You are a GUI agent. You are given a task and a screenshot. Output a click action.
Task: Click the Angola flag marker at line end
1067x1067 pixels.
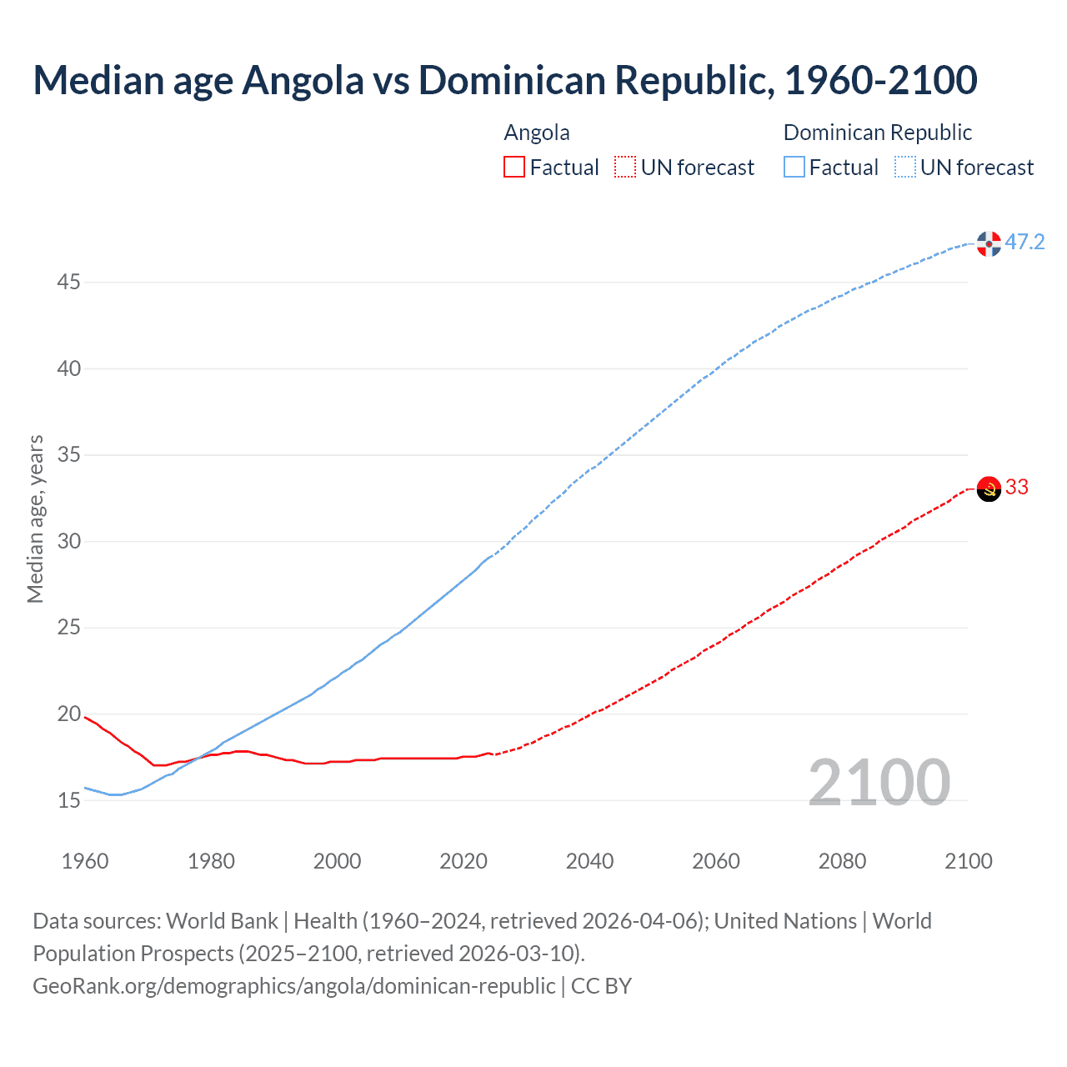989,488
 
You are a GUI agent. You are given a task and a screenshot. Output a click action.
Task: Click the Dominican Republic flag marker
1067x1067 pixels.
989,243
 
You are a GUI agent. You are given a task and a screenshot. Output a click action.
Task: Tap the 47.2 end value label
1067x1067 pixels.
1024,243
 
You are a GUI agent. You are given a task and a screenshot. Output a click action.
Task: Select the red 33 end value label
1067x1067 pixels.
1017,488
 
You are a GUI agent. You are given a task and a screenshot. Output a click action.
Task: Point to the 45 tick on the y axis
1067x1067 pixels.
68,283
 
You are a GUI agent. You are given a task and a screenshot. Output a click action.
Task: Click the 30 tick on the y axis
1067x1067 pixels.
68,542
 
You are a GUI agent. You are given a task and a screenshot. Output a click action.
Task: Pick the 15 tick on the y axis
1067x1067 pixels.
68,801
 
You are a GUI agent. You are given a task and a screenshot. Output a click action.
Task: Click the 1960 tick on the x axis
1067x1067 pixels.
85,861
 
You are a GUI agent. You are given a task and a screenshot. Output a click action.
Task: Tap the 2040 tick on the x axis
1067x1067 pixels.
589,861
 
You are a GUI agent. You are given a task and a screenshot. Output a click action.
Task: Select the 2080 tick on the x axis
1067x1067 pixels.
842,861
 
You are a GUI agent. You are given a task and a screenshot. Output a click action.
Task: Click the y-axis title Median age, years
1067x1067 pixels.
35,518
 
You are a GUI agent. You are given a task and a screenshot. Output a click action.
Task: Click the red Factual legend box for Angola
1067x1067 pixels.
514,168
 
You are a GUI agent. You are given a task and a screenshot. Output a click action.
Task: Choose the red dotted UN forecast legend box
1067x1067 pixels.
625,168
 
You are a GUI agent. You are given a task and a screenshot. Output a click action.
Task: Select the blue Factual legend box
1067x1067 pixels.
794,168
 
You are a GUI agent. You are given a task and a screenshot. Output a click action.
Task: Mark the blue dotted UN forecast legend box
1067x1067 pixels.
905,168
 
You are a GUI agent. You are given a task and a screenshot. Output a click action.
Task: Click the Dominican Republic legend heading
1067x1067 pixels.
878,133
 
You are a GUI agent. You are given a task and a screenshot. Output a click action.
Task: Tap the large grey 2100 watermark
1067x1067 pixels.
879,783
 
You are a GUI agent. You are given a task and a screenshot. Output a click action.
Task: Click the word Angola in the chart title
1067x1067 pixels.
303,80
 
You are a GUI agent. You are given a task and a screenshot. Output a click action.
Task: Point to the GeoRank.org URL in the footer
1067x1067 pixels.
293,986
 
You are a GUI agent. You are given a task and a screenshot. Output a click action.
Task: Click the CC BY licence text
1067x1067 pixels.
601,986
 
